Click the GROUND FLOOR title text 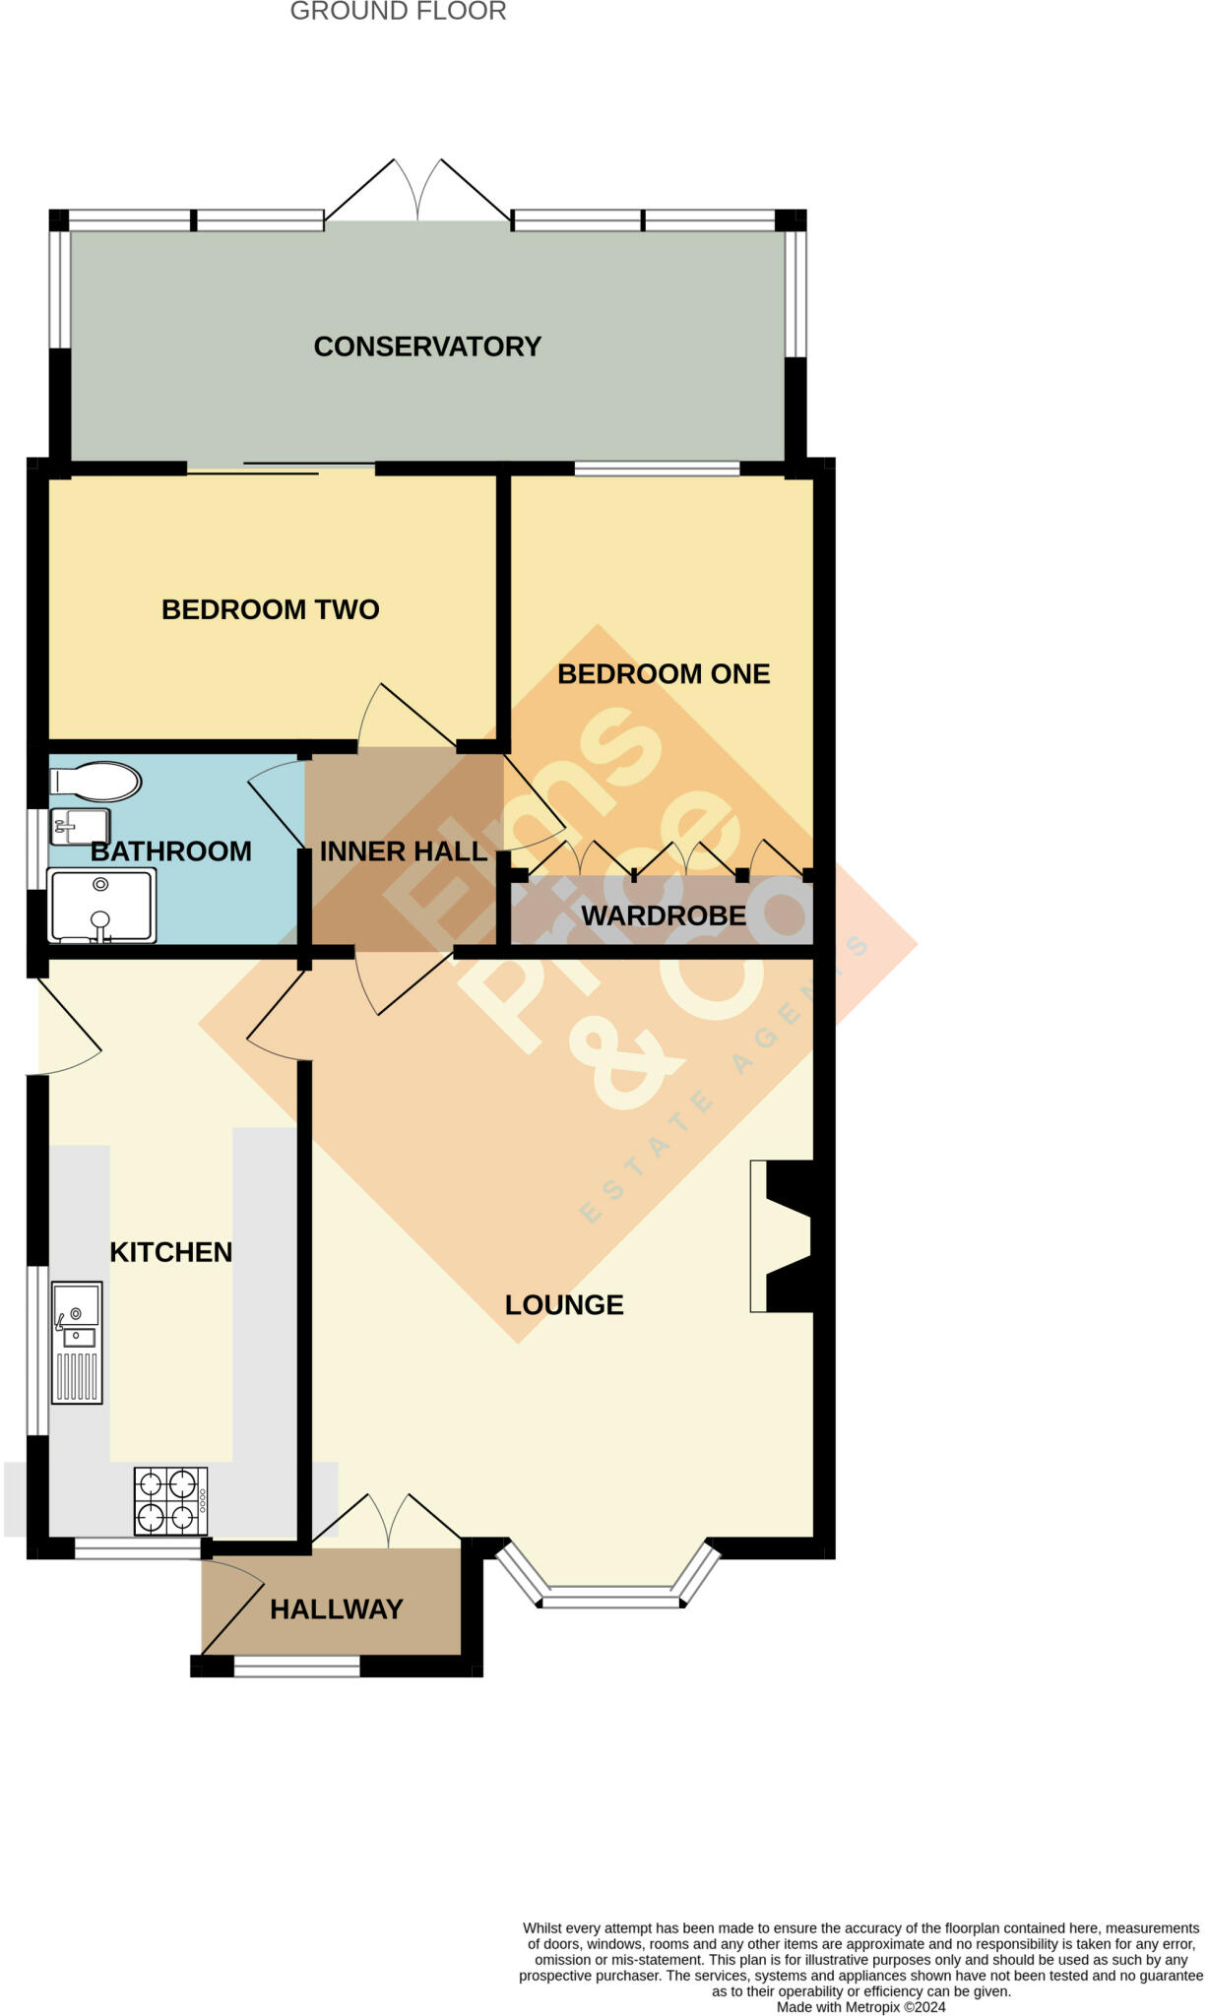pos(398,12)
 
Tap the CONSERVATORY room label pos(427,346)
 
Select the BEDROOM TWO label pos(270,609)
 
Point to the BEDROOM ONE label pos(664,674)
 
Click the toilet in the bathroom pos(96,782)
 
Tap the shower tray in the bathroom pos(101,906)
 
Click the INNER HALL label pos(404,851)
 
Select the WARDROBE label pos(664,915)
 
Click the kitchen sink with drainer pos(77,1342)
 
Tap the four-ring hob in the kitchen pos(170,1501)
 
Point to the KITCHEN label pos(171,1252)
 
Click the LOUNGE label pos(564,1305)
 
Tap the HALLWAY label pos(337,1609)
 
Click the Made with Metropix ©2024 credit pos(860,2007)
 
